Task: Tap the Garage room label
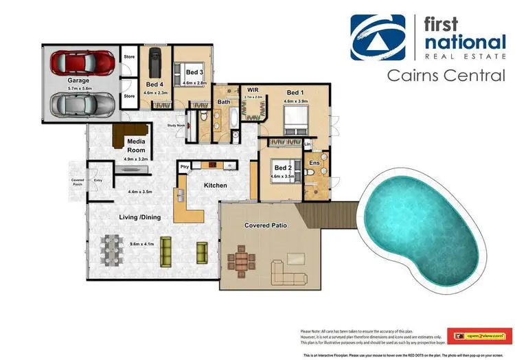(78, 80)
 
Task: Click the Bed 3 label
(194, 72)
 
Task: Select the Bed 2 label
(283, 167)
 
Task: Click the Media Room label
(136, 145)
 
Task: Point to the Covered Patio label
(265, 225)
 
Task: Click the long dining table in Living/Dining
(114, 251)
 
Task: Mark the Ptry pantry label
(184, 166)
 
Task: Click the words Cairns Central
(446, 75)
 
